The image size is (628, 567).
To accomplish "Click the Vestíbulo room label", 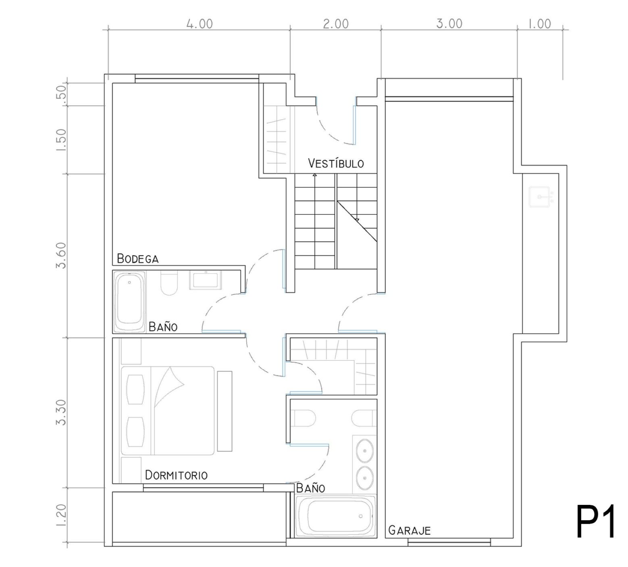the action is pos(336,163).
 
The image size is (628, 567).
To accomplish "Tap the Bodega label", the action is pos(137,258).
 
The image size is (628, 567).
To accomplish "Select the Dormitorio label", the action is pos(176,475).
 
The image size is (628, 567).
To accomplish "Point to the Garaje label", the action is pos(409,530).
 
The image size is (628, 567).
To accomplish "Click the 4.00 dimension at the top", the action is pos(199,24).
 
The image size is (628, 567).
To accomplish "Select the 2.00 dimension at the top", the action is pos(336,24).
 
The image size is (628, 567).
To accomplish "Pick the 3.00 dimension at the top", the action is pos(449,24).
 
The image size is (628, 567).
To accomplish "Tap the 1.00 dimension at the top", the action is pos(539,24).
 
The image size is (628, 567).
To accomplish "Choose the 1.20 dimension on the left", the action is pos(62,515).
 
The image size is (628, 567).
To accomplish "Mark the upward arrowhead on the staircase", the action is pos(314,175).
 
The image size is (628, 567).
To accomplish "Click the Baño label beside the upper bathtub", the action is pos(163,326).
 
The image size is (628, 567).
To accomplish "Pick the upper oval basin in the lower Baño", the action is pos(365,450).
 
